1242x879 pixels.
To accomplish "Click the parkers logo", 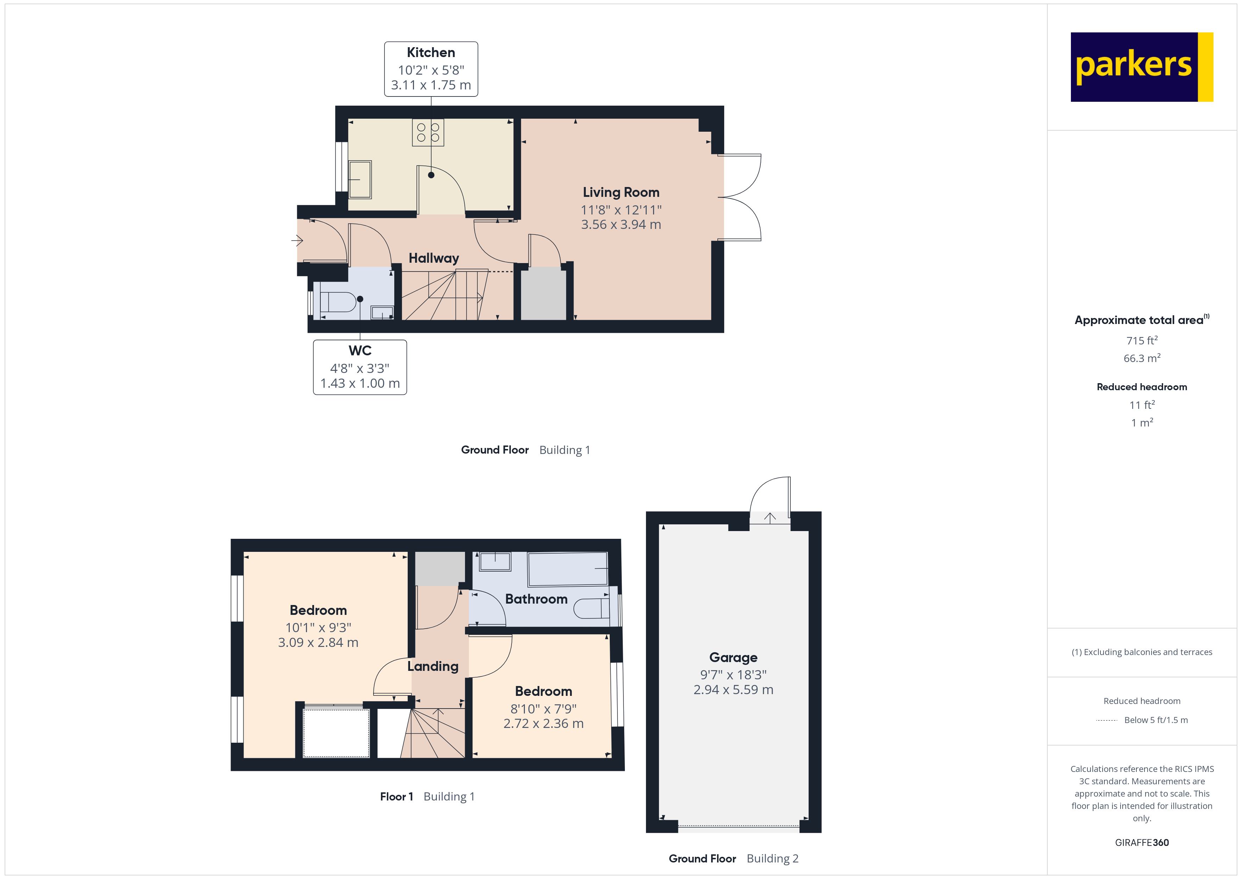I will (1141, 67).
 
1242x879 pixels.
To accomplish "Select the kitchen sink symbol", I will (360, 179).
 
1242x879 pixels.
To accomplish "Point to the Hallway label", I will (433, 258).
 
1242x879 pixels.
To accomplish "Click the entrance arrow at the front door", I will (297, 240).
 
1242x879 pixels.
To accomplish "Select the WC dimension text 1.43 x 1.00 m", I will (360, 383).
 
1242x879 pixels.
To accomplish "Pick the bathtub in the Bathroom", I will (567, 568).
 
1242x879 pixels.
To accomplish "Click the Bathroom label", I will (536, 599).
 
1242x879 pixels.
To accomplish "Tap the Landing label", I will (433, 666).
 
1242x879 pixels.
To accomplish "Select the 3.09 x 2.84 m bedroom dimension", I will (318, 642).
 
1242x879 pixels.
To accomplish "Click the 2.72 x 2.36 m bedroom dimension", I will (543, 724).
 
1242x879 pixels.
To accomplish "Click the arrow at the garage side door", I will (770, 517).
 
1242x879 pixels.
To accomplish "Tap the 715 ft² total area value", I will (1141, 341).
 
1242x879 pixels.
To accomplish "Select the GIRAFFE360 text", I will (1141, 843).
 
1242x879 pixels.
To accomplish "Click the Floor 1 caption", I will (396, 797).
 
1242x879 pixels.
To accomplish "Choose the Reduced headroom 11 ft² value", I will (1141, 405).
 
